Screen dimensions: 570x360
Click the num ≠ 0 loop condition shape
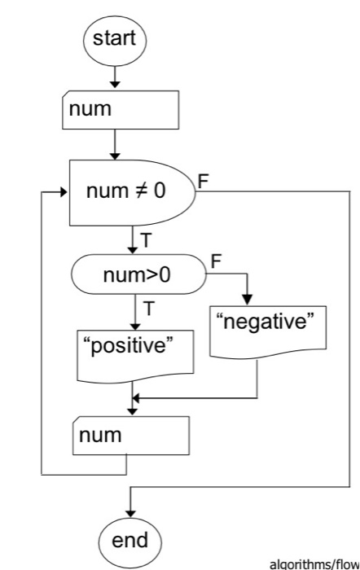[x=130, y=195]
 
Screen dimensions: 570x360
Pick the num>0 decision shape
[x=138, y=274]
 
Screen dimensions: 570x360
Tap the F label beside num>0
[x=216, y=263]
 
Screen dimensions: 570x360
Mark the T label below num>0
[x=148, y=307]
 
